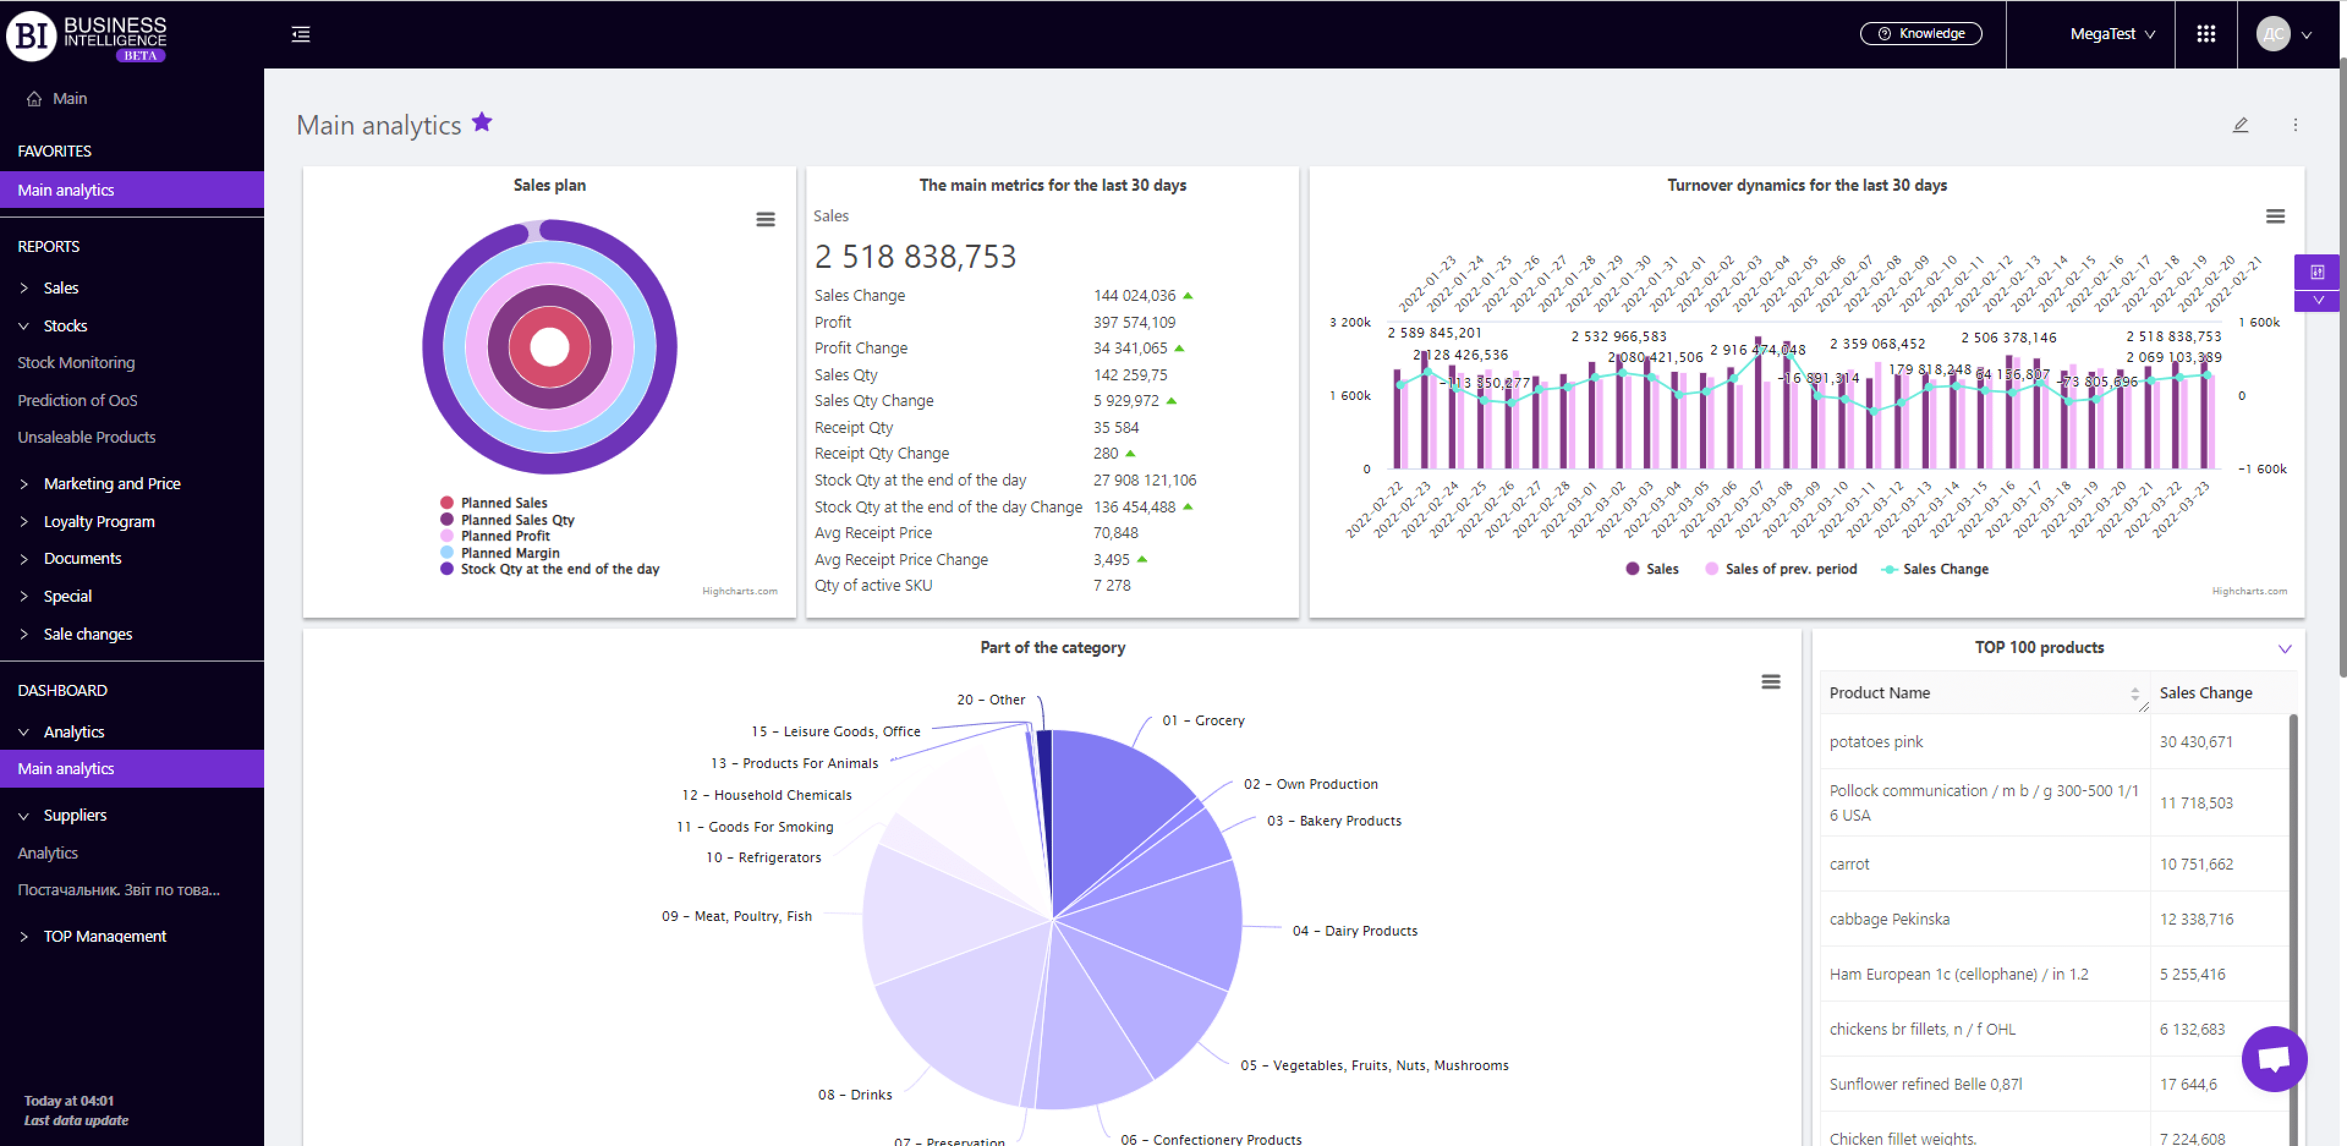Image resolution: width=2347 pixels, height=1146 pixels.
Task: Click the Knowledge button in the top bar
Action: click(x=1921, y=34)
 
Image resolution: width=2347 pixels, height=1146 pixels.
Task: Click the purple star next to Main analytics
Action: click(x=482, y=122)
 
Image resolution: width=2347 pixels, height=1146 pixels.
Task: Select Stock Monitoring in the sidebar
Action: click(x=76, y=363)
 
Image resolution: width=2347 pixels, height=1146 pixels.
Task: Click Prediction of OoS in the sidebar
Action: click(x=78, y=400)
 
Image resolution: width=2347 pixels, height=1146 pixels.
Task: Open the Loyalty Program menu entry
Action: click(x=98, y=521)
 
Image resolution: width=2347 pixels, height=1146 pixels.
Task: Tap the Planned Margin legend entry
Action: click(x=509, y=552)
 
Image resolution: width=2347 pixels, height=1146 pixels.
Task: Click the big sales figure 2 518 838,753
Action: click(x=915, y=256)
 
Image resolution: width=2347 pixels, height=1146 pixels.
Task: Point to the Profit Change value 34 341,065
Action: click(x=1129, y=348)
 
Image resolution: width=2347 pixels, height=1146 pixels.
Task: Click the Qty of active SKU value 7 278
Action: click(x=1112, y=585)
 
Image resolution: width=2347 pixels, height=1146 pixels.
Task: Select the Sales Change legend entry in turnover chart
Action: click(x=1944, y=569)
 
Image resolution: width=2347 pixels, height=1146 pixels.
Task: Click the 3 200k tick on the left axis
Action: click(x=1350, y=322)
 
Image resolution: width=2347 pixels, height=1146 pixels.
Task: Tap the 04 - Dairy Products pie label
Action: click(x=1354, y=930)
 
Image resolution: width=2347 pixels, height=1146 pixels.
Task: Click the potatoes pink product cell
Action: click(x=1876, y=742)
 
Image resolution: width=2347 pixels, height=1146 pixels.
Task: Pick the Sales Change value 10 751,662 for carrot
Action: click(x=2196, y=863)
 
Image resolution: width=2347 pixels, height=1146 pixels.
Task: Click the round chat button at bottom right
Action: click(x=2273, y=1059)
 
